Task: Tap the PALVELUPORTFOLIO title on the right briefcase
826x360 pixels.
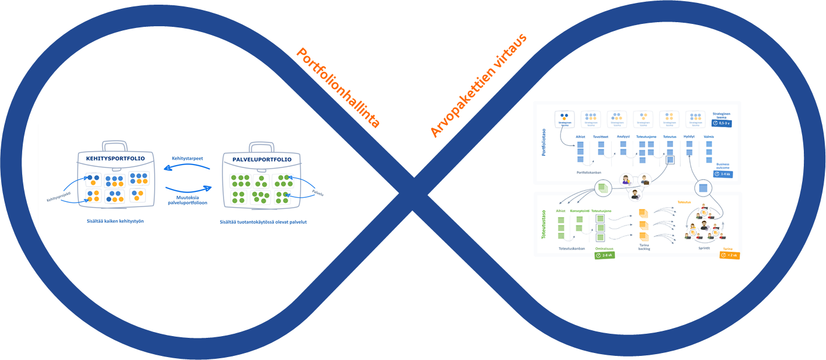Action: click(x=261, y=159)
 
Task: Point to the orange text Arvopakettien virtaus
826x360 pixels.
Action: click(x=479, y=86)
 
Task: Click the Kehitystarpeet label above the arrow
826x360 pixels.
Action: click(x=187, y=158)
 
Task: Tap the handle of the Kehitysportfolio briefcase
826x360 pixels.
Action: click(x=116, y=145)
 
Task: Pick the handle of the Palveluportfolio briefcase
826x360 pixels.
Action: click(x=262, y=146)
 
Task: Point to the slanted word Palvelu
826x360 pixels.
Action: click(x=318, y=191)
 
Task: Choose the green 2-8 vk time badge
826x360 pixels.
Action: click(x=604, y=255)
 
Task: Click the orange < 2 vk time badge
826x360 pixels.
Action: click(x=730, y=255)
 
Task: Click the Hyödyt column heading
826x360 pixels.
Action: click(x=689, y=137)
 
